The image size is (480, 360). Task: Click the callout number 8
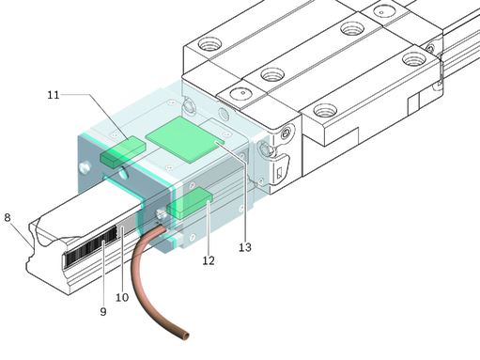[x=8, y=217]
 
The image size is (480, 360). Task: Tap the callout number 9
[x=103, y=311]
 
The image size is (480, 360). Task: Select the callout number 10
[x=122, y=297]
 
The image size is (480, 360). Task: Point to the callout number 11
[x=54, y=95]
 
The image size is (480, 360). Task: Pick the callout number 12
[x=209, y=260]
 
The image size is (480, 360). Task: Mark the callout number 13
[x=245, y=247]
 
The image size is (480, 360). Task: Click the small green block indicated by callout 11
[x=123, y=150]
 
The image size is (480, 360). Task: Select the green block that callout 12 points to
[x=190, y=203]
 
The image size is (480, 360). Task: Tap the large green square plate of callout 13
[x=185, y=139]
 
